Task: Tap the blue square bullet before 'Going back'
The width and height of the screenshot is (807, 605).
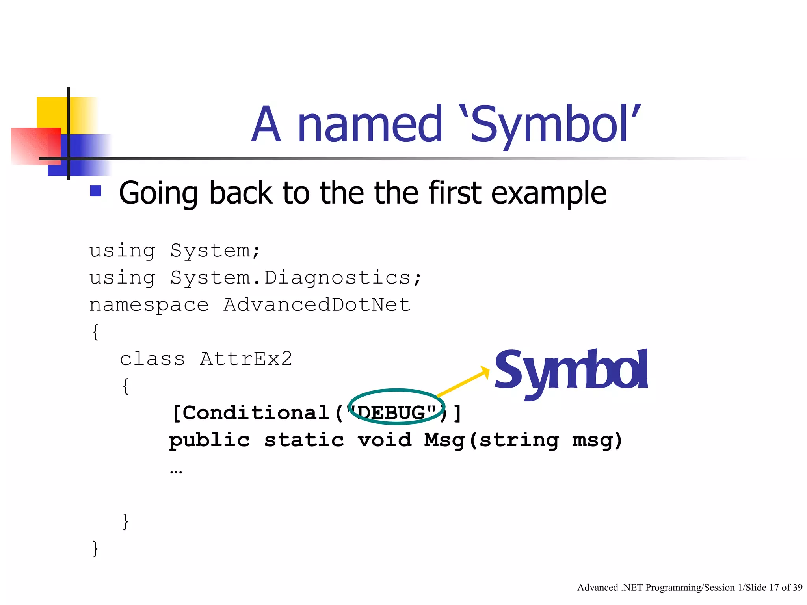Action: point(96,191)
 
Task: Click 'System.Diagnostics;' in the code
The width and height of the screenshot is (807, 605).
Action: point(296,278)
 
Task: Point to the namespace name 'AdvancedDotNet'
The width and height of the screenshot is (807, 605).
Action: point(317,305)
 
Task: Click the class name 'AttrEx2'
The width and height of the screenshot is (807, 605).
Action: point(246,359)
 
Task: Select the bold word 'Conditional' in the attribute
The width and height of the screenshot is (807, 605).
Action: point(256,413)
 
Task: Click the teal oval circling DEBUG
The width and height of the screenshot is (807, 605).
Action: point(396,391)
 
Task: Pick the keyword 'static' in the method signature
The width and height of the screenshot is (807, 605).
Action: point(304,440)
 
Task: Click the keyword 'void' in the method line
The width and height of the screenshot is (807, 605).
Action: point(385,440)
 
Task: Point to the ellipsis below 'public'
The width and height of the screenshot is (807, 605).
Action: point(176,471)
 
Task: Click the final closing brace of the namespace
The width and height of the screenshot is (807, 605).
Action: point(95,548)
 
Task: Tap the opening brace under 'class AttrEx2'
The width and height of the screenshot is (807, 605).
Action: point(126,386)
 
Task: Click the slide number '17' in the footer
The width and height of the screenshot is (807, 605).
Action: point(774,588)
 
